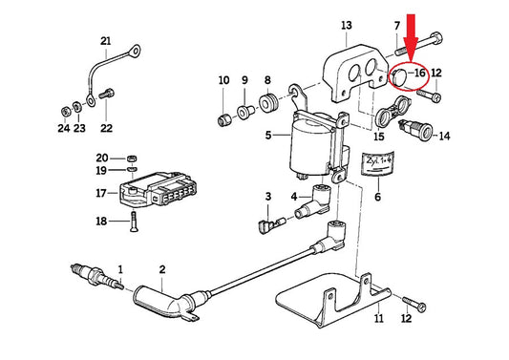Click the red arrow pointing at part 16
click(411, 38)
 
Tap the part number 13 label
click(347, 26)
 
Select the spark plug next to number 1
click(97, 278)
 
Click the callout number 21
click(105, 41)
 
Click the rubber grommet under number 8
click(267, 102)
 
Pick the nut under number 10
click(223, 120)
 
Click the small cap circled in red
click(399, 76)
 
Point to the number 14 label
click(444, 136)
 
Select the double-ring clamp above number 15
click(392, 112)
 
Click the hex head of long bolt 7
click(435, 38)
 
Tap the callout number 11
click(379, 318)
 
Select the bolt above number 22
click(106, 95)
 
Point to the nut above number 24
click(66, 112)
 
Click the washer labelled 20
click(132, 159)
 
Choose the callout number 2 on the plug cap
click(162, 269)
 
